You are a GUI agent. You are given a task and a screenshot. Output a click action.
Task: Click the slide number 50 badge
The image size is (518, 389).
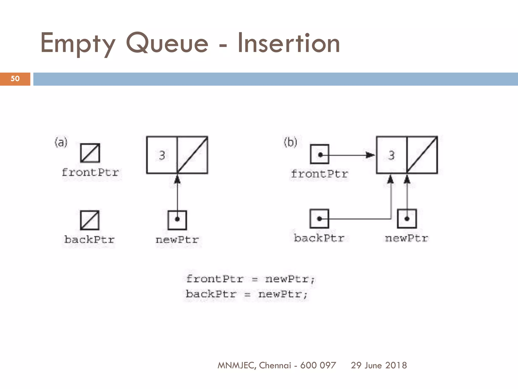point(15,79)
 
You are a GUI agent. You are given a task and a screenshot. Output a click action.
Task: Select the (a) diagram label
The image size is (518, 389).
point(61,142)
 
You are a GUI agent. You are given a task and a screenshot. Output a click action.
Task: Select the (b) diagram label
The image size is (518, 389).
point(290,142)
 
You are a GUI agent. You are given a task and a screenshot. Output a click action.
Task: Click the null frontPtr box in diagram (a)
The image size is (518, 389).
point(90,153)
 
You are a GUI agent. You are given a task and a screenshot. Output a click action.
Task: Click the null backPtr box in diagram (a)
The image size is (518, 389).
point(90,220)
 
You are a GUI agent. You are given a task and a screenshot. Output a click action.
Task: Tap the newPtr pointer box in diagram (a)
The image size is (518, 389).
point(177,220)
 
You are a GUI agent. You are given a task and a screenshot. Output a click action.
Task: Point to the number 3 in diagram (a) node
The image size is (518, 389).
point(162,155)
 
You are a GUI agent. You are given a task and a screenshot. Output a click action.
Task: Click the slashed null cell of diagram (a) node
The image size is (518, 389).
point(192,155)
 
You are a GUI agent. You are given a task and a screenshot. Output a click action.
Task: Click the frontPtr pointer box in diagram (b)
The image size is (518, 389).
point(320,154)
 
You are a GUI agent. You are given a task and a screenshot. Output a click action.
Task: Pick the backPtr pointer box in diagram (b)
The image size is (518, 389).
point(319,219)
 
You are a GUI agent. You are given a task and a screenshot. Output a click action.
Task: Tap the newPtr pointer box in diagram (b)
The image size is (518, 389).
point(407,219)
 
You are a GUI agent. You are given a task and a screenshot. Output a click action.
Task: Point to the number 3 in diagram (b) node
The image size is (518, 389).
point(391,155)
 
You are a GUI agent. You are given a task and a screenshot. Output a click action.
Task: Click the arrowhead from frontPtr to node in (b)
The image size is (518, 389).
point(371,155)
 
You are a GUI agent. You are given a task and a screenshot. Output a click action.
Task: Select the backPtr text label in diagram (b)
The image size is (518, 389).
point(319,238)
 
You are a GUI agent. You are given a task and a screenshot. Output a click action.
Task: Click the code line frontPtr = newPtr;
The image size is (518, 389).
point(250,279)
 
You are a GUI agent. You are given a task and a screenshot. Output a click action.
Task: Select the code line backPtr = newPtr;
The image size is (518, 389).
point(246,294)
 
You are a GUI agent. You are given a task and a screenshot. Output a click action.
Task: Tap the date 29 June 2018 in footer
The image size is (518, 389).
point(379,365)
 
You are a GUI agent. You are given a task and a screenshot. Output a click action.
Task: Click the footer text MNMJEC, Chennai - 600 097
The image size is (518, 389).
point(277,365)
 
